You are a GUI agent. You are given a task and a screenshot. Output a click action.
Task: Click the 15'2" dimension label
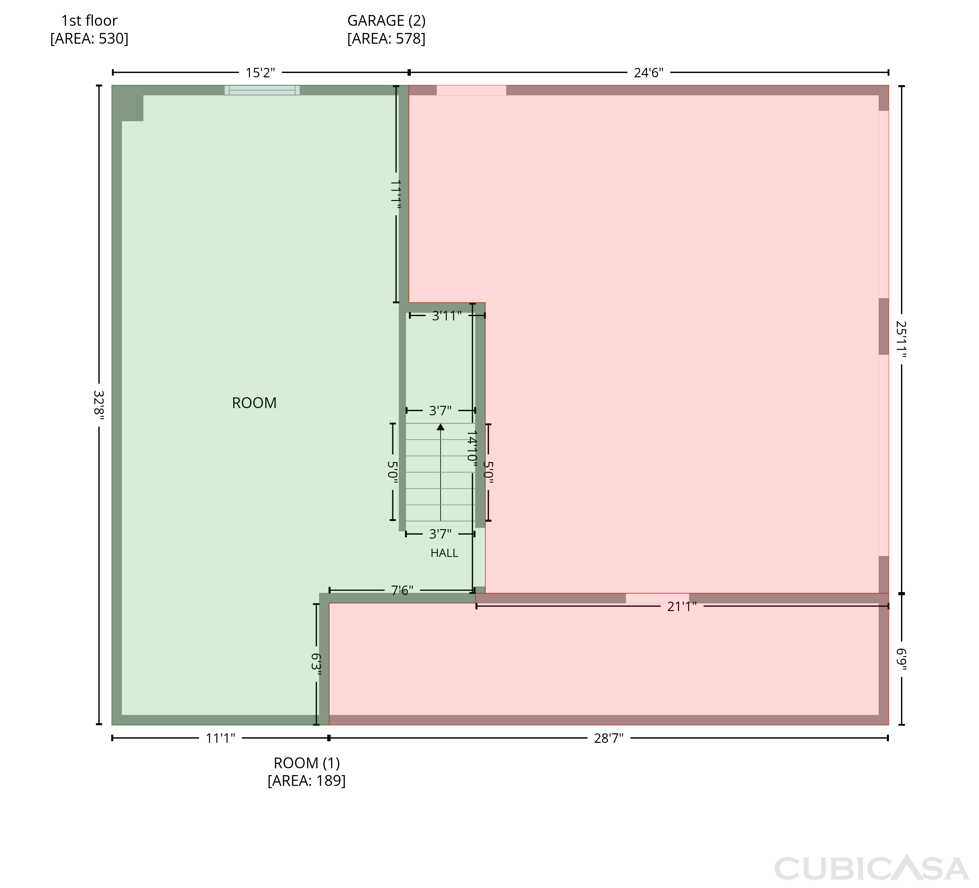pyautogui.click(x=260, y=73)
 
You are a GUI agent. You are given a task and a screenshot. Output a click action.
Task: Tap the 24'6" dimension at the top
pyautogui.click(x=648, y=73)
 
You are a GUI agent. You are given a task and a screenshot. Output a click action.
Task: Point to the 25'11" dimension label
pyautogui.click(x=901, y=339)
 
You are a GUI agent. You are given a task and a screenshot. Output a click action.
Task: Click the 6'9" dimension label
pyautogui.click(x=901, y=660)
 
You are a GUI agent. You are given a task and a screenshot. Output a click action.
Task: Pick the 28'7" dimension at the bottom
pyautogui.click(x=609, y=739)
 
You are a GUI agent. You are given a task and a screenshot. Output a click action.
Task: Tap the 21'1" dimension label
pyautogui.click(x=682, y=606)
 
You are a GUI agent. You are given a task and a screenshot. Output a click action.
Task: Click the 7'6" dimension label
pyautogui.click(x=402, y=590)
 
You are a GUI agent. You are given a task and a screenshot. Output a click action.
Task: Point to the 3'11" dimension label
pyautogui.click(x=447, y=316)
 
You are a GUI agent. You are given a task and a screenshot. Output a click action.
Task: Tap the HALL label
pyautogui.click(x=444, y=553)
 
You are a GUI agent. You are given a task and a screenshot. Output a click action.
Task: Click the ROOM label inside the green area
pyautogui.click(x=254, y=403)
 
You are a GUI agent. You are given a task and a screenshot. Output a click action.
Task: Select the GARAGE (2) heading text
pyautogui.click(x=387, y=21)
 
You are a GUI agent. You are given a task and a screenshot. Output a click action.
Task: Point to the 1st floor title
pyautogui.click(x=89, y=21)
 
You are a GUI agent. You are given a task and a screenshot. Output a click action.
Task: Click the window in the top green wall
pyautogui.click(x=262, y=90)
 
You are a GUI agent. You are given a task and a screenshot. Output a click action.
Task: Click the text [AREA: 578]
pyautogui.click(x=387, y=38)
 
